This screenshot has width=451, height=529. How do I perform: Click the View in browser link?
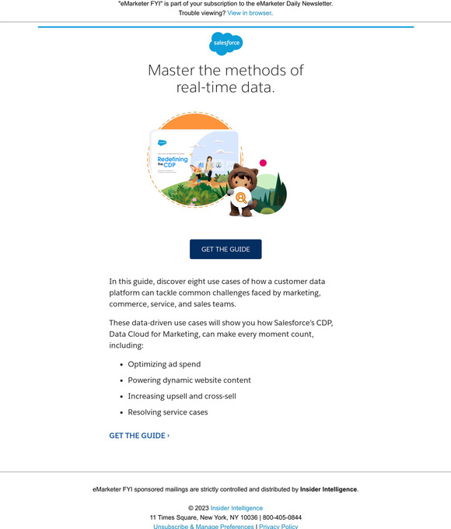(249, 13)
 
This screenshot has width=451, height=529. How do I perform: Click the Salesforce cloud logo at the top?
(226, 44)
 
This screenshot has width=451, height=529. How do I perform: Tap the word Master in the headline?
(172, 71)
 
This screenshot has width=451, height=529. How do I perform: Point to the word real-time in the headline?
(205, 87)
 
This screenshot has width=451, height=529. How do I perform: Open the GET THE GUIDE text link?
(138, 436)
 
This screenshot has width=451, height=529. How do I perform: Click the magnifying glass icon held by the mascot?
(241, 198)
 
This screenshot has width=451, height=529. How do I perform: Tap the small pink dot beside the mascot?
(263, 163)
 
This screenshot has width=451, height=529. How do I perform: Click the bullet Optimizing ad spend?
(164, 364)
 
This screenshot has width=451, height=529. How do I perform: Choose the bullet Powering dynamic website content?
(189, 380)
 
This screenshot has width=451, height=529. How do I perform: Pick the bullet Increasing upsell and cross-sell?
(182, 396)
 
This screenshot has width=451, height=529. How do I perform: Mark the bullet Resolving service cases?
(168, 412)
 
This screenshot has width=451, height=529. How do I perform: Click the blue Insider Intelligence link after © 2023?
(236, 508)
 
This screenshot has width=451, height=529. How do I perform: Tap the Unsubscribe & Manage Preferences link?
(204, 526)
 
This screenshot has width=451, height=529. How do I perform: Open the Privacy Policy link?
(278, 526)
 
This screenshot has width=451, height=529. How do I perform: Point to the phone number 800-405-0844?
(282, 517)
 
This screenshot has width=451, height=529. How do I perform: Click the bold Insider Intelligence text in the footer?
(328, 489)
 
